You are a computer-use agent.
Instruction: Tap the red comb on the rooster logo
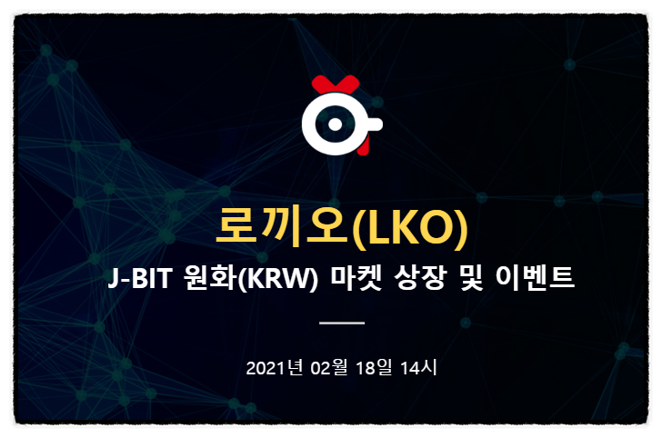tap(331, 85)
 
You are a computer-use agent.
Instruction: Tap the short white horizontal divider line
tap(343, 323)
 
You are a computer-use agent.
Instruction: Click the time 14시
tap(418, 368)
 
